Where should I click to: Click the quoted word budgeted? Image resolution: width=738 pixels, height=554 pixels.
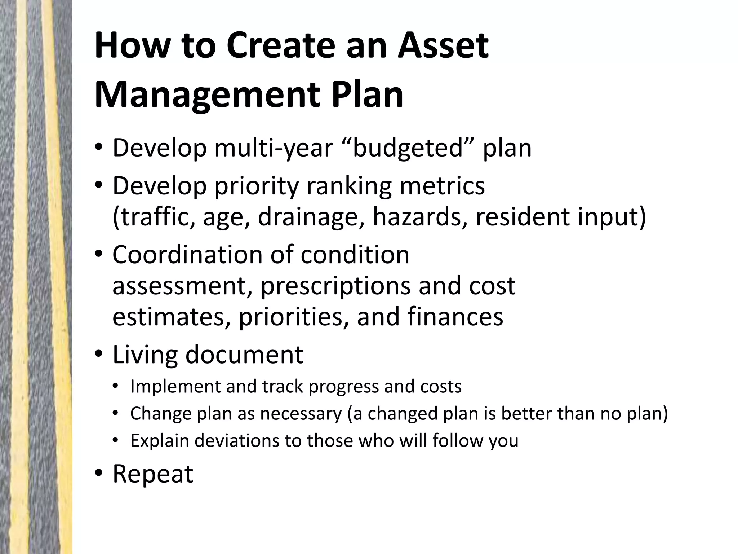[407, 148]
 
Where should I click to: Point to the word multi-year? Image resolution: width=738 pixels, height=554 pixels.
[274, 148]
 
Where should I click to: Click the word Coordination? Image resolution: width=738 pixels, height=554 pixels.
[187, 255]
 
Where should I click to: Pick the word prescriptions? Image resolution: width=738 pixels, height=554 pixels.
[335, 286]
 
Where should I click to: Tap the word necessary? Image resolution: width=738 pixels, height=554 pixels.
[301, 414]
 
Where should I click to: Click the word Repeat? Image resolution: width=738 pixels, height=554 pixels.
[153, 474]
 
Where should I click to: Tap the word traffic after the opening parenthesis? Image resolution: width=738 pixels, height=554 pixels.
[159, 217]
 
